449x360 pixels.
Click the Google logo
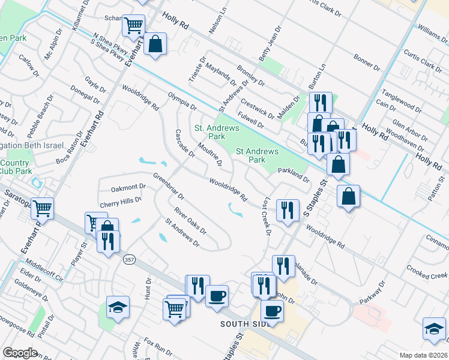[x=20, y=353]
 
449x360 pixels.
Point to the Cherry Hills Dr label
[x=120, y=201]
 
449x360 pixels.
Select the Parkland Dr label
[x=294, y=176]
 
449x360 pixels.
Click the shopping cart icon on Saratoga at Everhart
[x=43, y=209]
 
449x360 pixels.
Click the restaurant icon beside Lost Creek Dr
[x=288, y=209]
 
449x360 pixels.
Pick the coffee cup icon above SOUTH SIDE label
[x=217, y=295]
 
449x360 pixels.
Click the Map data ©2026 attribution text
[x=424, y=355]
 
